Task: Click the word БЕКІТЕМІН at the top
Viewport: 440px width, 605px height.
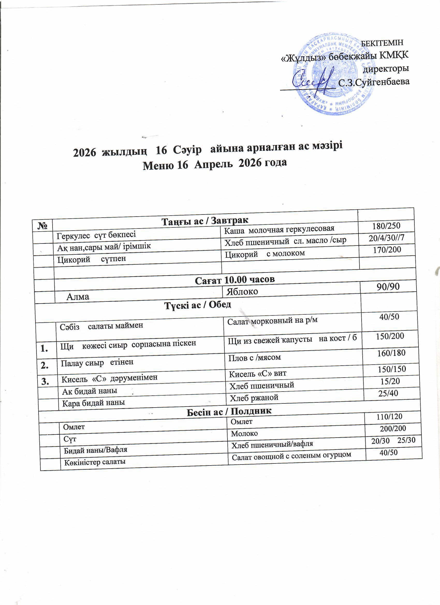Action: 382,43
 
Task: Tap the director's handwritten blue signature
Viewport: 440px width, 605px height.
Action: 312,80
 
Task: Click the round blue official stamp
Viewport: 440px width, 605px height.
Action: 334,75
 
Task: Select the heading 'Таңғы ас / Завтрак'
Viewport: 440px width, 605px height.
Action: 205,220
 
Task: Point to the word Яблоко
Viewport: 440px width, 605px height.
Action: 242,292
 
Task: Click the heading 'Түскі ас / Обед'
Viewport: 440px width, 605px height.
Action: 198,305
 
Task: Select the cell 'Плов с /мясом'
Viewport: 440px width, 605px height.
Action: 255,357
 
